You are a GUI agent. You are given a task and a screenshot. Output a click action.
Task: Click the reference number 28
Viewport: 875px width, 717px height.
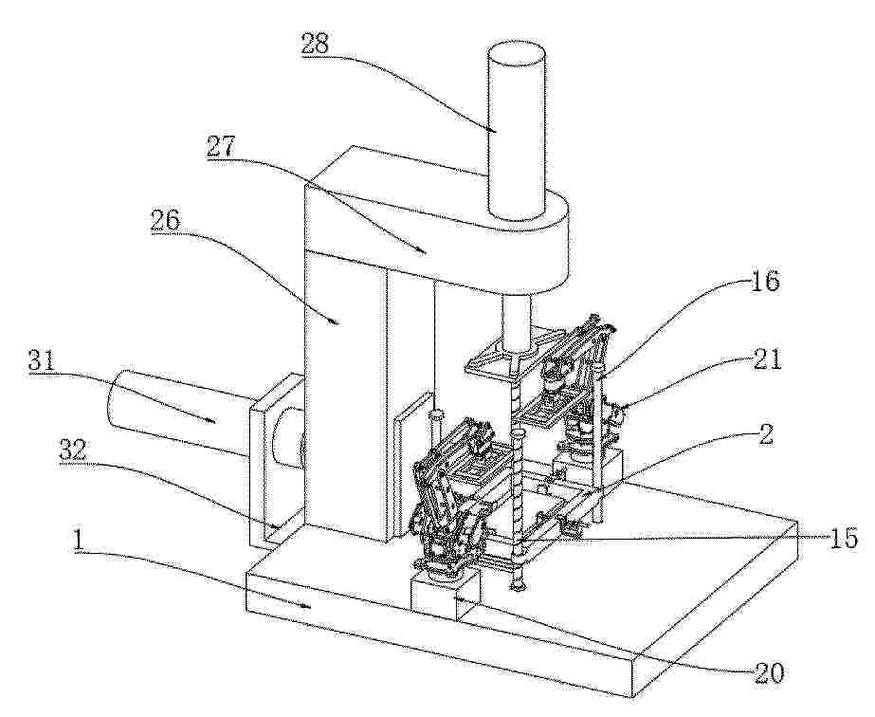pyautogui.click(x=316, y=44)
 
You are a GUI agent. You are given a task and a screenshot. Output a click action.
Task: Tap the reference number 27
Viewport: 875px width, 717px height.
pyautogui.click(x=222, y=147)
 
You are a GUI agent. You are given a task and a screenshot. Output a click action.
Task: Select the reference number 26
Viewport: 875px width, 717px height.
pyautogui.click(x=165, y=222)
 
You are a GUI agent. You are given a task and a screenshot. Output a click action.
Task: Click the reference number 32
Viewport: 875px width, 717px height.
pyautogui.click(x=73, y=450)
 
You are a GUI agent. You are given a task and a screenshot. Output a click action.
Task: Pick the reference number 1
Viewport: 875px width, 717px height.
pyautogui.click(x=80, y=540)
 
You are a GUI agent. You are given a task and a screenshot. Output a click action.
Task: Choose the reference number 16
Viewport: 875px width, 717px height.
pyautogui.click(x=766, y=281)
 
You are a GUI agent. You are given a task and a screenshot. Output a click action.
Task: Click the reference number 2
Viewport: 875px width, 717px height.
pyautogui.click(x=767, y=433)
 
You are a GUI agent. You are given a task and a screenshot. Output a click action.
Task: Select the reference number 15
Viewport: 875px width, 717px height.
pyautogui.click(x=843, y=539)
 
